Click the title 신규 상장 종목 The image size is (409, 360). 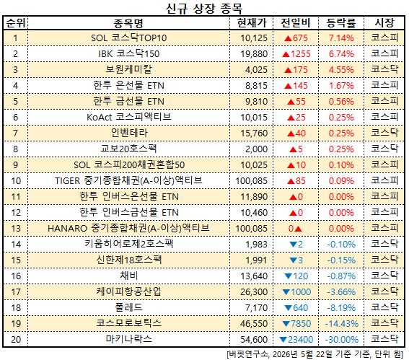(204, 8)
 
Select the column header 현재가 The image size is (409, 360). (252, 23)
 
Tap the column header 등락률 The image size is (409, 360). (341, 23)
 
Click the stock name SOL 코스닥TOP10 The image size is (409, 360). (128, 38)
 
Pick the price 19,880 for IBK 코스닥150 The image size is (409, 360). (254, 54)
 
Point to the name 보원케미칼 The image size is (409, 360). (128, 70)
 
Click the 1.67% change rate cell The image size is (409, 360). (341, 86)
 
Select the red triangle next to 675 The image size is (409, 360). (288, 38)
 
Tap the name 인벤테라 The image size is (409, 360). (129, 133)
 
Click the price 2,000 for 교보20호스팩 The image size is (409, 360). (256, 149)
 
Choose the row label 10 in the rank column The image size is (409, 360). (16, 181)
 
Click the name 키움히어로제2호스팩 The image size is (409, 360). (128, 244)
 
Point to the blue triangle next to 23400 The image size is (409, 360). (283, 340)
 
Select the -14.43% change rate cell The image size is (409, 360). (341, 324)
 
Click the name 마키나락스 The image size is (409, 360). (128, 339)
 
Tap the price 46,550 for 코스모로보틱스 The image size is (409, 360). (254, 324)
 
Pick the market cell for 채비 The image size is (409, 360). (384, 276)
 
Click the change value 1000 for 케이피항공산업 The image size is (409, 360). (301, 292)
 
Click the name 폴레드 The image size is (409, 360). (128, 307)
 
